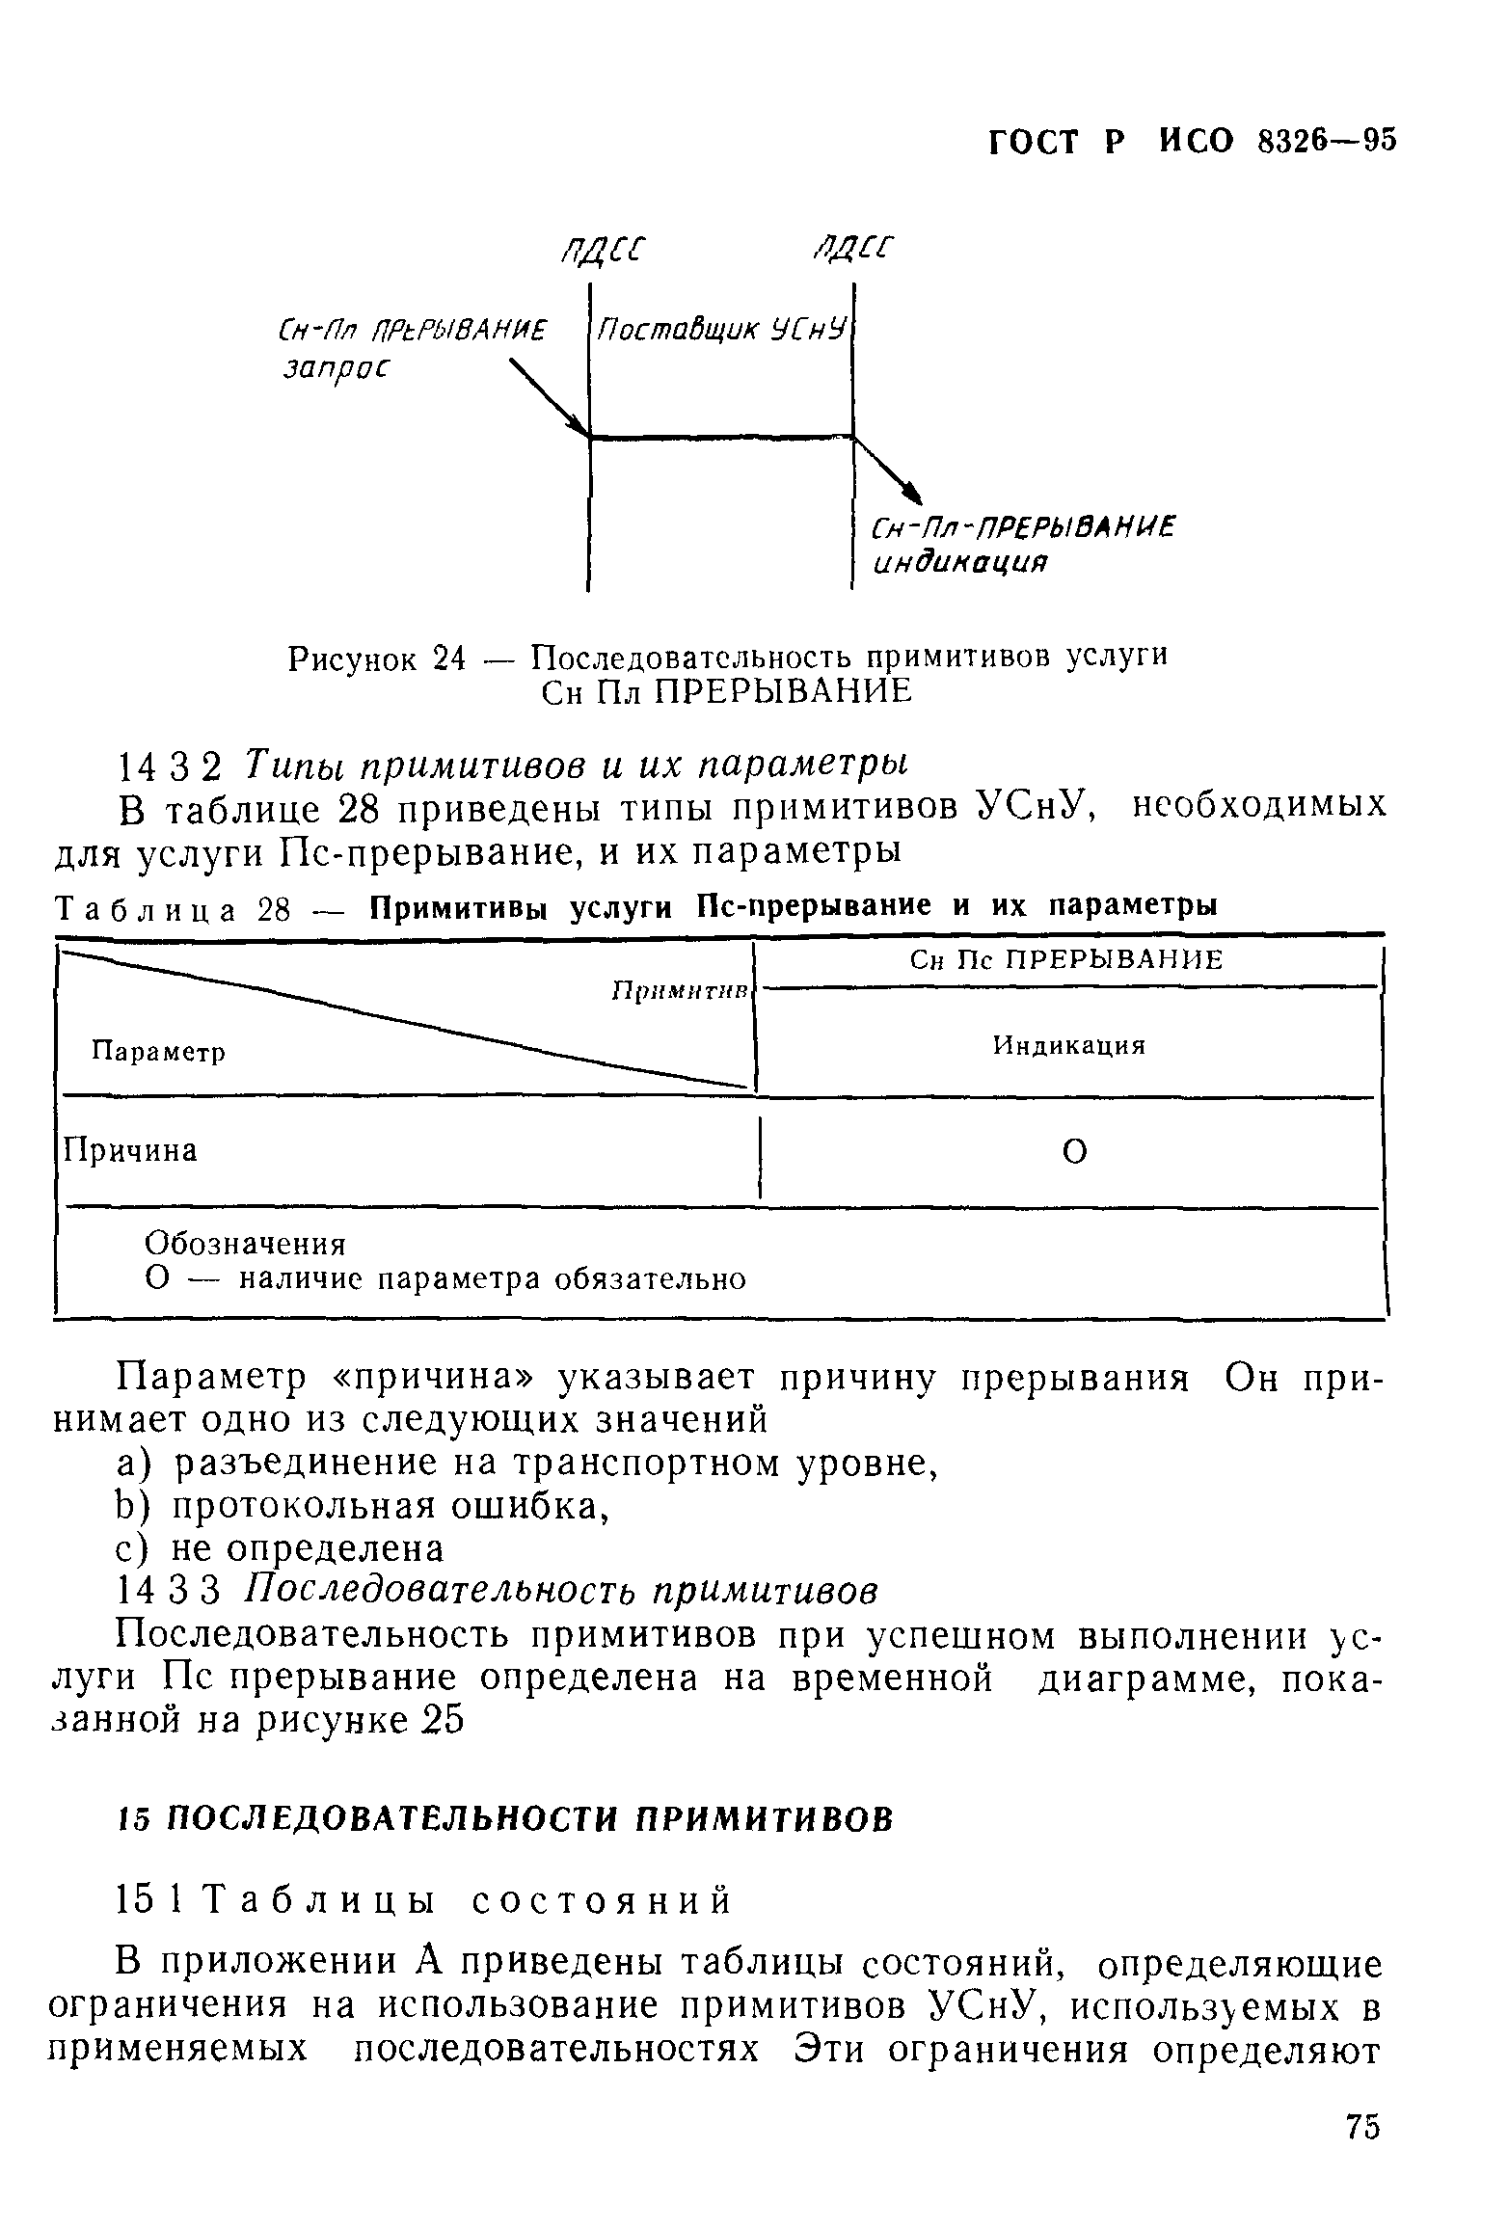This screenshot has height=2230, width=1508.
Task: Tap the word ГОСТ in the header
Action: tap(1033, 143)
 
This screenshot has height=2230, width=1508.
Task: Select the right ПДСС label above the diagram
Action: tap(852, 249)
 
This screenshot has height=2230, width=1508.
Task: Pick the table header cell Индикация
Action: tap(1069, 1046)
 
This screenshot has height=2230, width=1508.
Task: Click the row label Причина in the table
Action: tap(130, 1150)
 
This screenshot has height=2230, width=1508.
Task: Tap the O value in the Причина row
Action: tap(1074, 1151)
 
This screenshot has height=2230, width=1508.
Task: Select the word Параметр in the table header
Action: tap(158, 1052)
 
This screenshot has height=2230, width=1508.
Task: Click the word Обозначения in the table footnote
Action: tap(245, 1245)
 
